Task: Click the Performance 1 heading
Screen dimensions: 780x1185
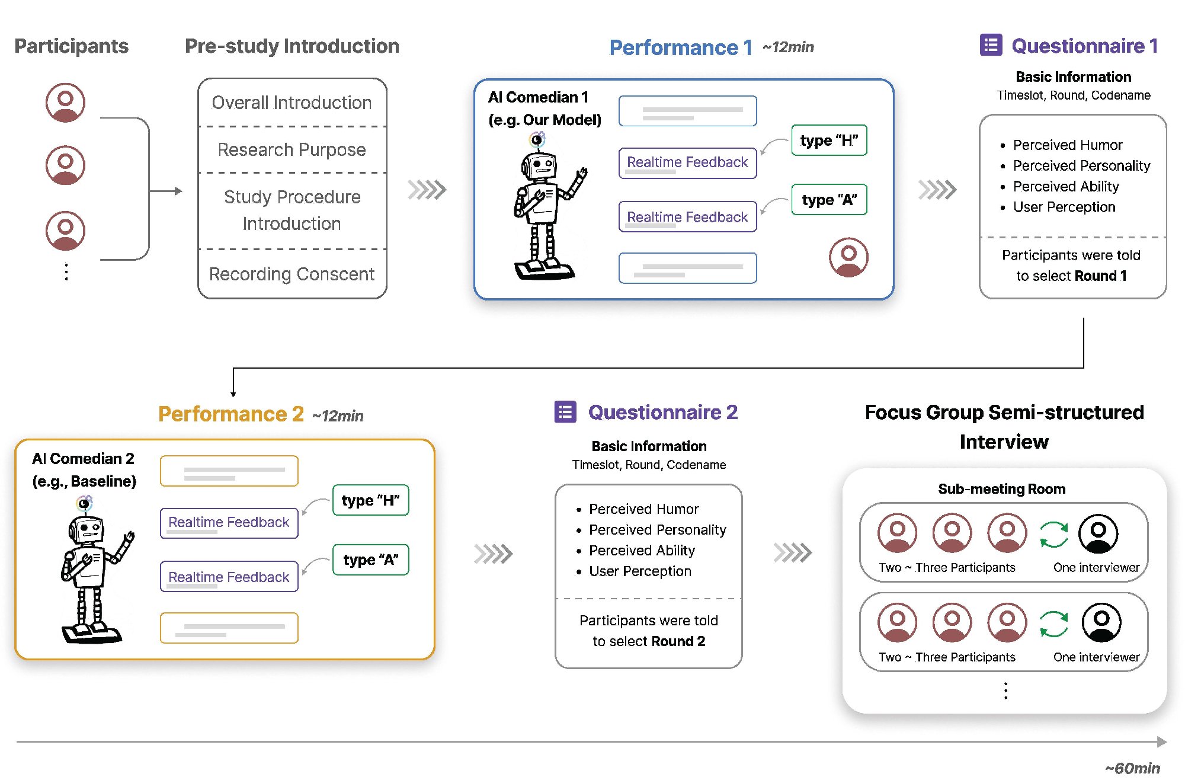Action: click(x=681, y=47)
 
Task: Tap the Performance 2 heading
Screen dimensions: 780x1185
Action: click(x=231, y=414)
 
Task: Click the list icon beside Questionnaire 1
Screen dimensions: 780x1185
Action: click(x=991, y=45)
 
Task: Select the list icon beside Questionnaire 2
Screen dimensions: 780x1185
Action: click(x=565, y=412)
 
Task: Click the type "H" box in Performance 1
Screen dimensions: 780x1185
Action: click(x=829, y=140)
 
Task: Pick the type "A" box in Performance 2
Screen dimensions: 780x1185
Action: click(x=371, y=560)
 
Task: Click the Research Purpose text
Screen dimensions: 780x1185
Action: click(x=292, y=149)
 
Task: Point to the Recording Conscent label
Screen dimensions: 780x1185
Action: click(x=292, y=274)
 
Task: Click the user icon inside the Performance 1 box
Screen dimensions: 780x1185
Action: click(x=848, y=257)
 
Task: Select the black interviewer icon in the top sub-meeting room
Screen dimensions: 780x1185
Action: click(x=1098, y=533)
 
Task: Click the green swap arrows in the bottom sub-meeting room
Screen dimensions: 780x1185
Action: click(x=1053, y=624)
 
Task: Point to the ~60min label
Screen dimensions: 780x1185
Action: click(x=1132, y=768)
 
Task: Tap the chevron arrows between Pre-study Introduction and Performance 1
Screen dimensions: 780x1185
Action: click(x=427, y=190)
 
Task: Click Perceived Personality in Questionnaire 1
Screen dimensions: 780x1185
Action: click(x=1081, y=166)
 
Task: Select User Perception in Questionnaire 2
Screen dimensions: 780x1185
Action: click(x=640, y=571)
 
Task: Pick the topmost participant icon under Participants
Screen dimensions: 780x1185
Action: click(x=65, y=103)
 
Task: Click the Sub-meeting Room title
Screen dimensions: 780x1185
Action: click(x=1001, y=489)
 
